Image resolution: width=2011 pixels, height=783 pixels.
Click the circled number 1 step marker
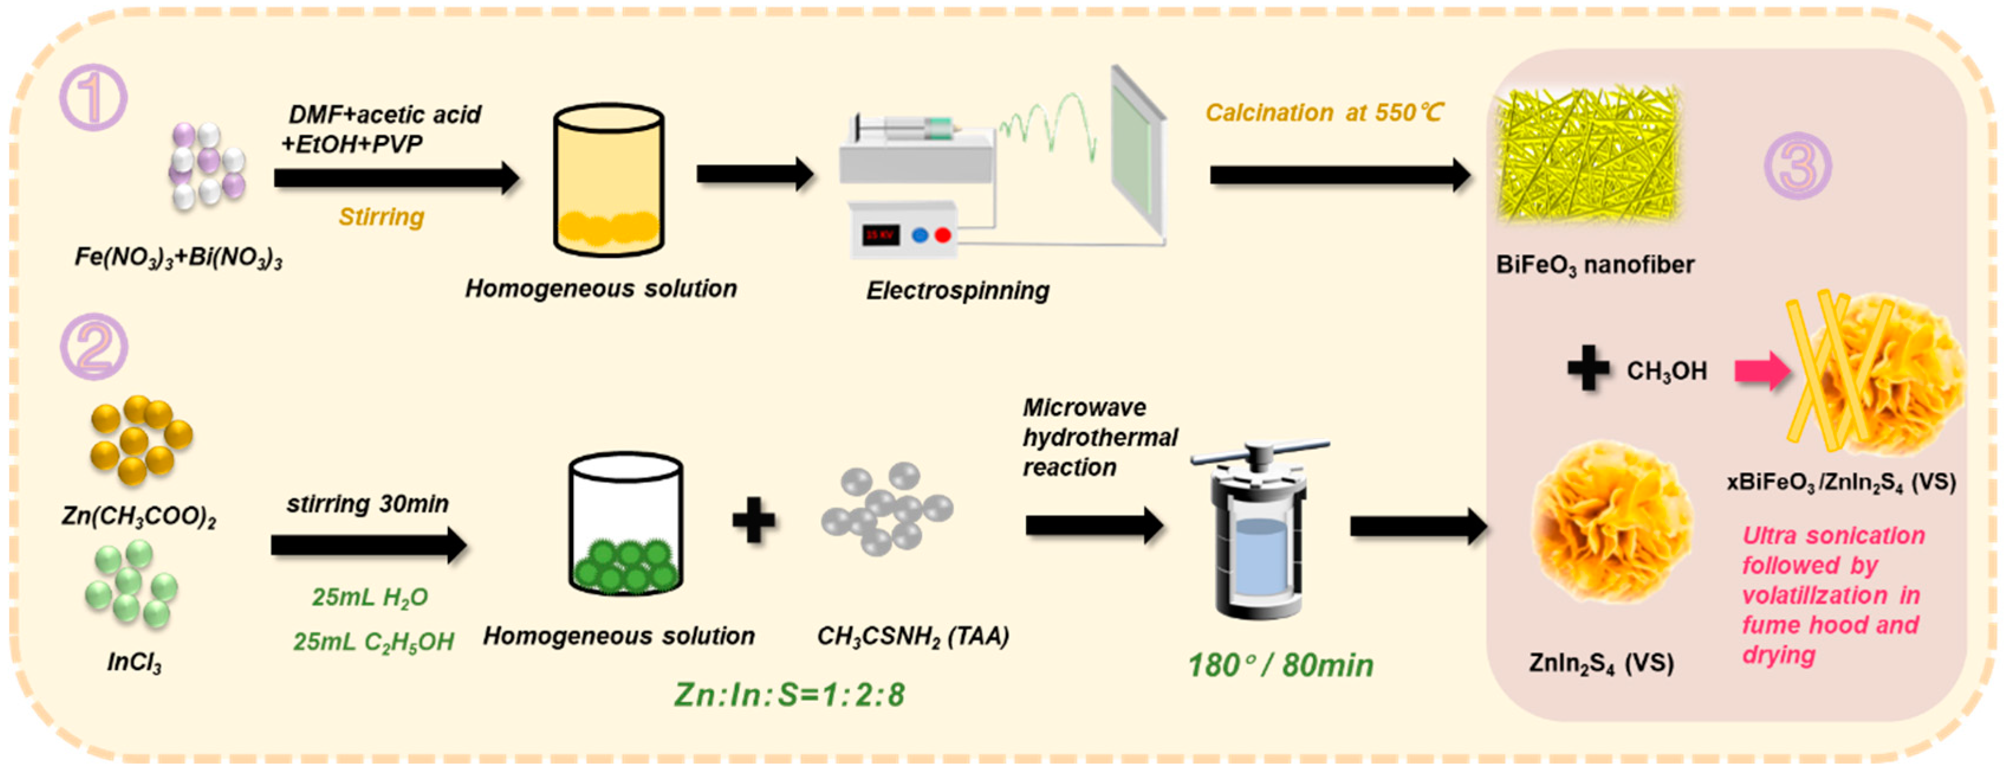click(x=94, y=98)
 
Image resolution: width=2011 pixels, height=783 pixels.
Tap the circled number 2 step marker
click(x=95, y=347)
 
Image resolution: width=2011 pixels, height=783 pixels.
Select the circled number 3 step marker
click(x=1797, y=165)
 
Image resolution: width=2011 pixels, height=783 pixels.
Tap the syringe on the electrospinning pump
click(x=905, y=125)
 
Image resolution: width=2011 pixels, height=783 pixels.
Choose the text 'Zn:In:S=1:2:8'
click(x=790, y=694)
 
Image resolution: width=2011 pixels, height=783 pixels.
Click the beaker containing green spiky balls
click(x=625, y=525)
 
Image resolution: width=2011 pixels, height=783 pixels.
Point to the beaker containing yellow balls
click(x=608, y=181)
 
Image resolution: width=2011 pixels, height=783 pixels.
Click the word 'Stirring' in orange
click(x=381, y=216)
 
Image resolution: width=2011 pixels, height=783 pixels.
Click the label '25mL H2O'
click(x=370, y=597)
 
